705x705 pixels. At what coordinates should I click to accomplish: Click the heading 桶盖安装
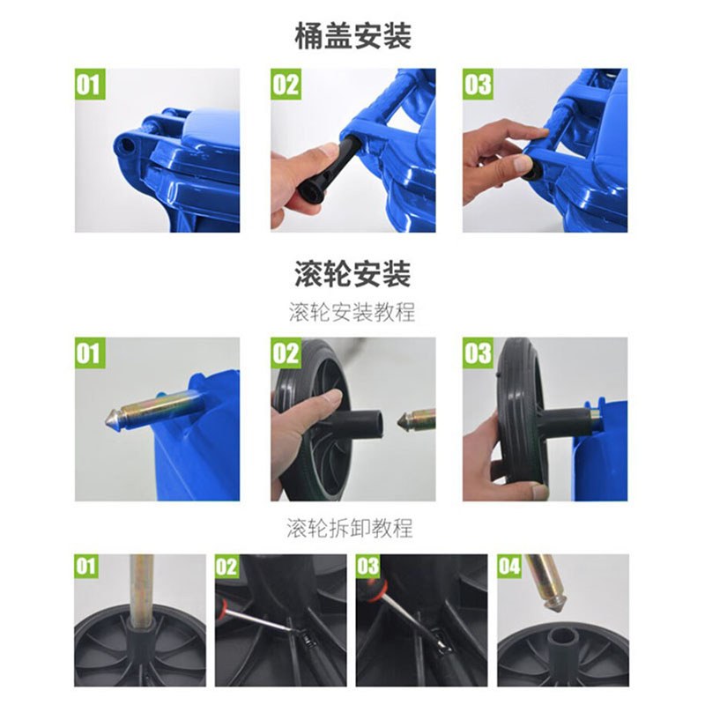(353, 36)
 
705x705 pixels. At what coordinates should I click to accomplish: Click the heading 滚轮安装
(353, 274)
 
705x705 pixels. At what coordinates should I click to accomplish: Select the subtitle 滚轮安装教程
(352, 312)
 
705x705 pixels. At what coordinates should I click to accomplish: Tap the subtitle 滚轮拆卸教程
(350, 528)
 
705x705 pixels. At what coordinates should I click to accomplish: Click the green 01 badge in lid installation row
(90, 84)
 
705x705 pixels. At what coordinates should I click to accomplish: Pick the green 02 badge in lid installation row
(286, 84)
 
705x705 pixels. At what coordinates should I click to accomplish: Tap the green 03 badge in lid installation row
(478, 84)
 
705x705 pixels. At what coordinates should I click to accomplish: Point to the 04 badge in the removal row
(509, 566)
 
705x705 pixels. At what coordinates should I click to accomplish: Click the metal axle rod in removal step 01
(141, 584)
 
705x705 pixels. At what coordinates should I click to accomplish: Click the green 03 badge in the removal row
(368, 566)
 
